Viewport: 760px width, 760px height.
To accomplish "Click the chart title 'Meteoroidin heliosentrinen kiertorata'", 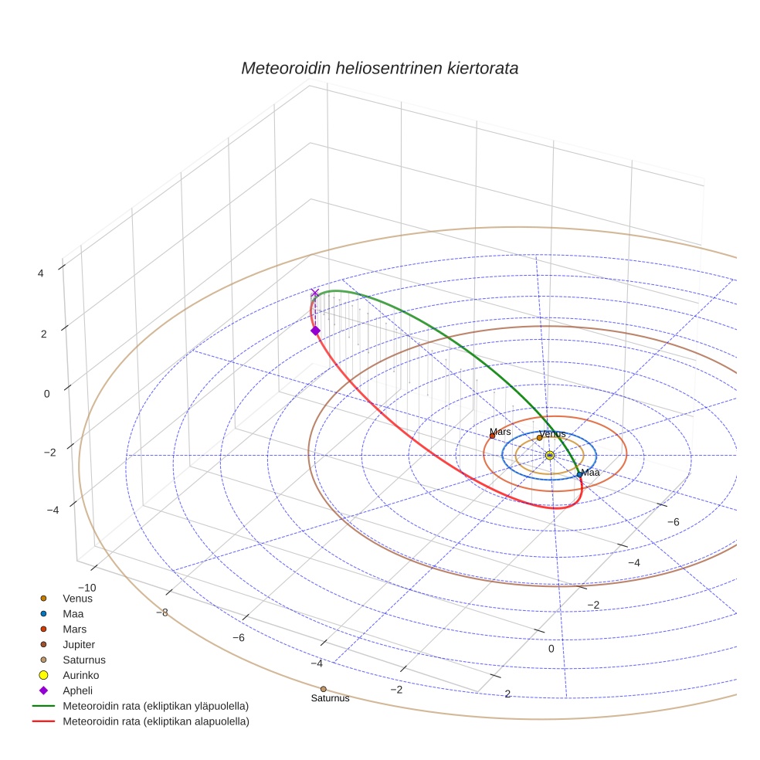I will point(379,68).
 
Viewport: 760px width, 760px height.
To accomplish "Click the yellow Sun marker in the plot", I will point(549,456).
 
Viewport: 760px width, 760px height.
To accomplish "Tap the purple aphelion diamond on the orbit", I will point(315,331).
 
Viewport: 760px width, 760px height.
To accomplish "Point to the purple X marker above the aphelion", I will point(314,293).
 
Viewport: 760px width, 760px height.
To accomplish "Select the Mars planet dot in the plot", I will point(492,436).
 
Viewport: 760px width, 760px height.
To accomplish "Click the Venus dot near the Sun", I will point(539,438).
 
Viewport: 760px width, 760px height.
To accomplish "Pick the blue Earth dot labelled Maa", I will point(579,474).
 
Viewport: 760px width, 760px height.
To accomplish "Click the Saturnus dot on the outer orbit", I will point(323,689).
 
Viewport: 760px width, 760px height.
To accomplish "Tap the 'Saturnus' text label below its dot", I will point(330,698).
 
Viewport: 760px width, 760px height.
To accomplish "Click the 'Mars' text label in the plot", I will point(500,432).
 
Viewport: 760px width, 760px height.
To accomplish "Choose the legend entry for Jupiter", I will point(79,644).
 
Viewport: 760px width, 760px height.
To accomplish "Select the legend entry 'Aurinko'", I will point(81,675).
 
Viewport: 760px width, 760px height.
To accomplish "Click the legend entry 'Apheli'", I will point(77,690).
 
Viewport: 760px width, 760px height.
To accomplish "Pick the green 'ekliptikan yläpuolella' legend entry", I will point(155,706).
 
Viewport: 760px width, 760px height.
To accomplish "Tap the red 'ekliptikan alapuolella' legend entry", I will point(155,721).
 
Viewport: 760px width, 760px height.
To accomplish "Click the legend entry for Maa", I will point(73,613).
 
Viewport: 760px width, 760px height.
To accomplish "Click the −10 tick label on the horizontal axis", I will point(87,587).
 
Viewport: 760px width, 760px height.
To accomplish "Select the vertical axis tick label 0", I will point(47,393).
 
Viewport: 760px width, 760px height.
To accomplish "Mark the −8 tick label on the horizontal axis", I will point(162,612).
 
